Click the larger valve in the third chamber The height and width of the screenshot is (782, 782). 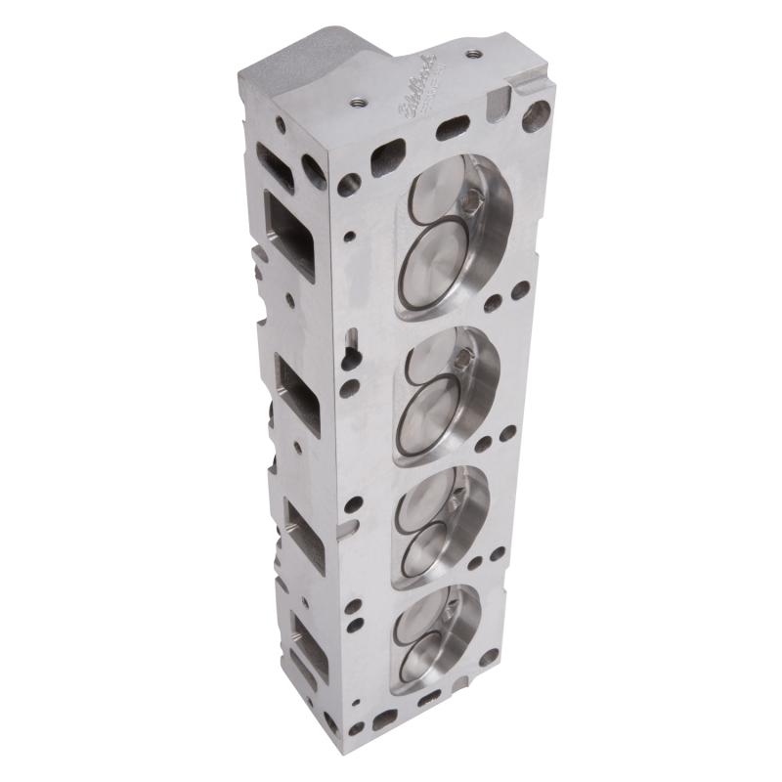pos(428,545)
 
